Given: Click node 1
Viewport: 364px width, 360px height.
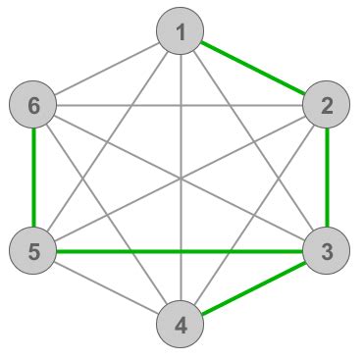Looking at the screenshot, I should point(181,31).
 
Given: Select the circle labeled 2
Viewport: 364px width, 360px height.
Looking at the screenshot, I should point(327,104).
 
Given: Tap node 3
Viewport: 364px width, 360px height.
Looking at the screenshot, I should point(327,251).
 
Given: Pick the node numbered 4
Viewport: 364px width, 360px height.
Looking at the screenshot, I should point(181,324).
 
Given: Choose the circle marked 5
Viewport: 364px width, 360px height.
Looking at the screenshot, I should point(33,251).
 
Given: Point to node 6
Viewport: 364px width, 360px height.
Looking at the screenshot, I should point(33,104).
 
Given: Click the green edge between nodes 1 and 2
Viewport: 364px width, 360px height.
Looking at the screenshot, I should point(253,68).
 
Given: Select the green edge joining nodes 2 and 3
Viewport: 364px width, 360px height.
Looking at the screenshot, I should point(327,178).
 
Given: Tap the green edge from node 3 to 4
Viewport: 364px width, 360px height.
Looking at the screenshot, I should point(253,287).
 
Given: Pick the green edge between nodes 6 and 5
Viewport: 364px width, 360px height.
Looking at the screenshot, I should point(33,178).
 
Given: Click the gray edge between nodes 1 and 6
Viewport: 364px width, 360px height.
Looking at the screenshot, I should point(107,68).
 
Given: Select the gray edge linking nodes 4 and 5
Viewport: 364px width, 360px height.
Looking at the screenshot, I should point(107,287).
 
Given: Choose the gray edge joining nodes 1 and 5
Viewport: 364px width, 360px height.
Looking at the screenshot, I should point(136,97).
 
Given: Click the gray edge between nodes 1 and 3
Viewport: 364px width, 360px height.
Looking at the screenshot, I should point(225,97).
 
